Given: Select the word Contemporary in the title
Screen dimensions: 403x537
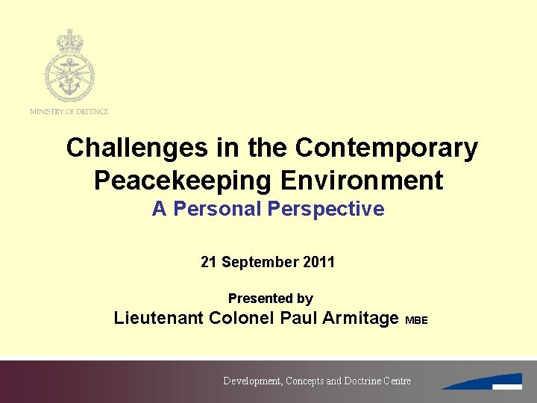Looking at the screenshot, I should pyautogui.click(x=386, y=148).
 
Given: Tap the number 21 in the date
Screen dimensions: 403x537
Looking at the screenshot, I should pyautogui.click(x=209, y=262).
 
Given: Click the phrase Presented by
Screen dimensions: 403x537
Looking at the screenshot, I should pyautogui.click(x=270, y=299).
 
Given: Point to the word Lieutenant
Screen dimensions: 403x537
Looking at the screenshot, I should pyautogui.click(x=158, y=318).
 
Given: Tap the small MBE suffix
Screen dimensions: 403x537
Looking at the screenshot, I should pyautogui.click(x=416, y=320).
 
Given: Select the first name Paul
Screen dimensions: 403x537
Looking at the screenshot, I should pyautogui.click(x=298, y=318).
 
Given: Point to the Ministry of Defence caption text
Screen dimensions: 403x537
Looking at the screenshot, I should pyautogui.click(x=69, y=112).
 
